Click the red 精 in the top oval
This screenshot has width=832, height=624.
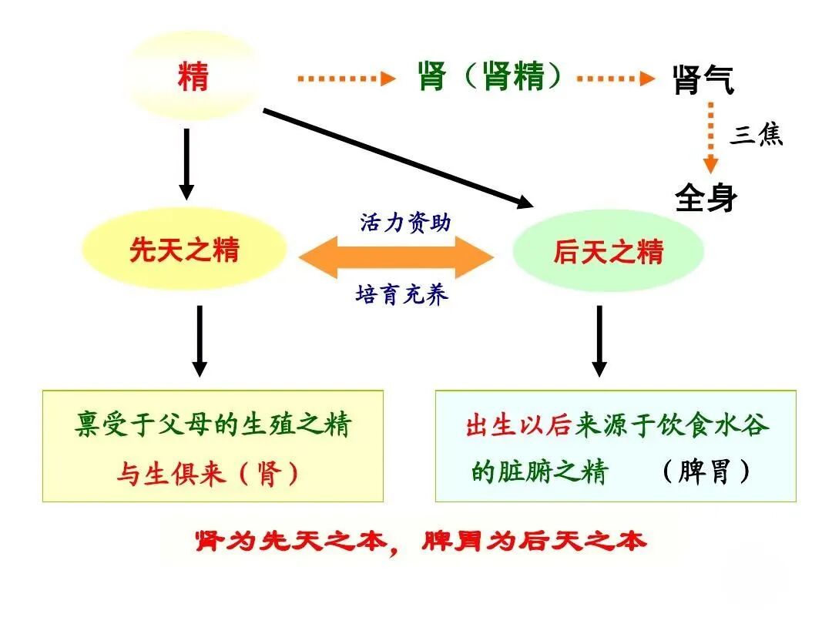pyautogui.click(x=193, y=77)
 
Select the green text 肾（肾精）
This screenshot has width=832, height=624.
pyautogui.click(x=490, y=76)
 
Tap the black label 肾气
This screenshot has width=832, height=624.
pyautogui.click(x=703, y=80)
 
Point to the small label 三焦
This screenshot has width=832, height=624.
pyautogui.click(x=757, y=135)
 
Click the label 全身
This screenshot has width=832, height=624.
pyautogui.click(x=706, y=197)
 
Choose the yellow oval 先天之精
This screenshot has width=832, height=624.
pyautogui.click(x=184, y=250)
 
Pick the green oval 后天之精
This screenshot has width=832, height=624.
pyautogui.click(x=608, y=251)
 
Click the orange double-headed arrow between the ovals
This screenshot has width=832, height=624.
pyautogui.click(x=396, y=257)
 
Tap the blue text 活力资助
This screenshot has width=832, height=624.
pyautogui.click(x=405, y=222)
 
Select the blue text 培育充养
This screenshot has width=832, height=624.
pyautogui.click(x=401, y=294)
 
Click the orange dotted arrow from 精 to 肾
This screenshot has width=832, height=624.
pyautogui.click(x=346, y=78)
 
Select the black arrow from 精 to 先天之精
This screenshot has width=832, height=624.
pyautogui.click(x=186, y=164)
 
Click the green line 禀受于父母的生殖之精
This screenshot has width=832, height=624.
pyautogui.click(x=213, y=424)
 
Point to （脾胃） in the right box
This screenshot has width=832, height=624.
pyautogui.click(x=706, y=471)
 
